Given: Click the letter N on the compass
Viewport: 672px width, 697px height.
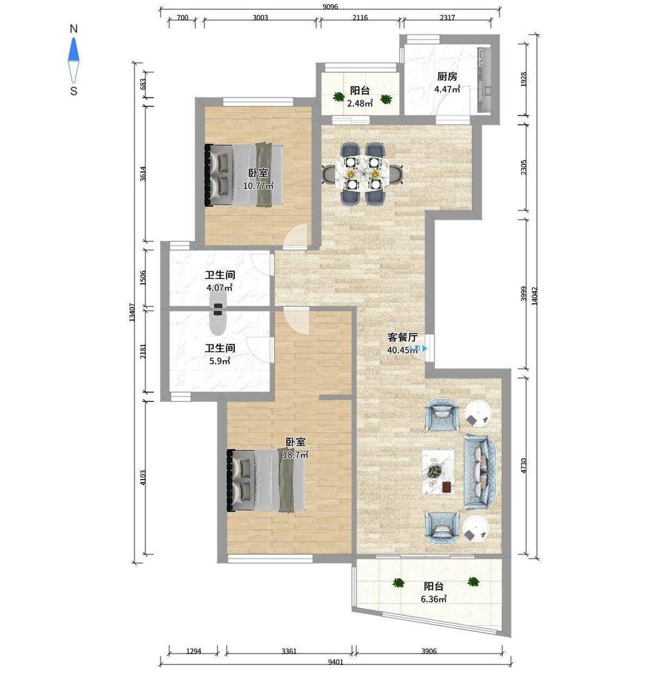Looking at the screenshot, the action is [74, 29].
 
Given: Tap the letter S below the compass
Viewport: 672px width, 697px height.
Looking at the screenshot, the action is [74, 91].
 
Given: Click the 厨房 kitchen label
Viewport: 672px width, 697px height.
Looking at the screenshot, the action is [447, 76].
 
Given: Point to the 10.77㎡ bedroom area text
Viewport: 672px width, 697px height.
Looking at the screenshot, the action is [258, 185].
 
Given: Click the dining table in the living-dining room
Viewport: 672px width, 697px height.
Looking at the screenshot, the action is [364, 173].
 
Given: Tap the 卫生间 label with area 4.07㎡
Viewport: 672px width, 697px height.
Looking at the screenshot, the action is [220, 275].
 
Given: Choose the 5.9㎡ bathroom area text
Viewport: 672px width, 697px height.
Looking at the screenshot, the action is [220, 361].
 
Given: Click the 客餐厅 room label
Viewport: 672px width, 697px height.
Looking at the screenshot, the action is [403, 337].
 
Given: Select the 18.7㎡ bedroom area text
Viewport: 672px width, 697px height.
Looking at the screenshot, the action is [296, 455].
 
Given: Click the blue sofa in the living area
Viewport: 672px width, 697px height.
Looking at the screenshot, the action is [480, 472].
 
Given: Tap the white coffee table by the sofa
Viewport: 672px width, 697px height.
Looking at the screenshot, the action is [438, 472].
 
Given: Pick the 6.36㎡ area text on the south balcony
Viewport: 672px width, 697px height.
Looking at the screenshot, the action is [434, 599].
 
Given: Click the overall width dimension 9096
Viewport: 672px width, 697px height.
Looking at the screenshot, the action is [330, 6].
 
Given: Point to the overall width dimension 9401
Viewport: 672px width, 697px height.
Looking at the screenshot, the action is [336, 662].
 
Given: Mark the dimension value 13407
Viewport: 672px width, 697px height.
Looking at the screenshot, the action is [132, 312].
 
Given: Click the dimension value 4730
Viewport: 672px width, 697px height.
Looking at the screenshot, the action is [524, 465].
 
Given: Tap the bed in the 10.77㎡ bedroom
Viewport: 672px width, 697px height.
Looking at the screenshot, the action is [244, 174].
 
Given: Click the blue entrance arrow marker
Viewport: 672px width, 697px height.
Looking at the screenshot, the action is [425, 349].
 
